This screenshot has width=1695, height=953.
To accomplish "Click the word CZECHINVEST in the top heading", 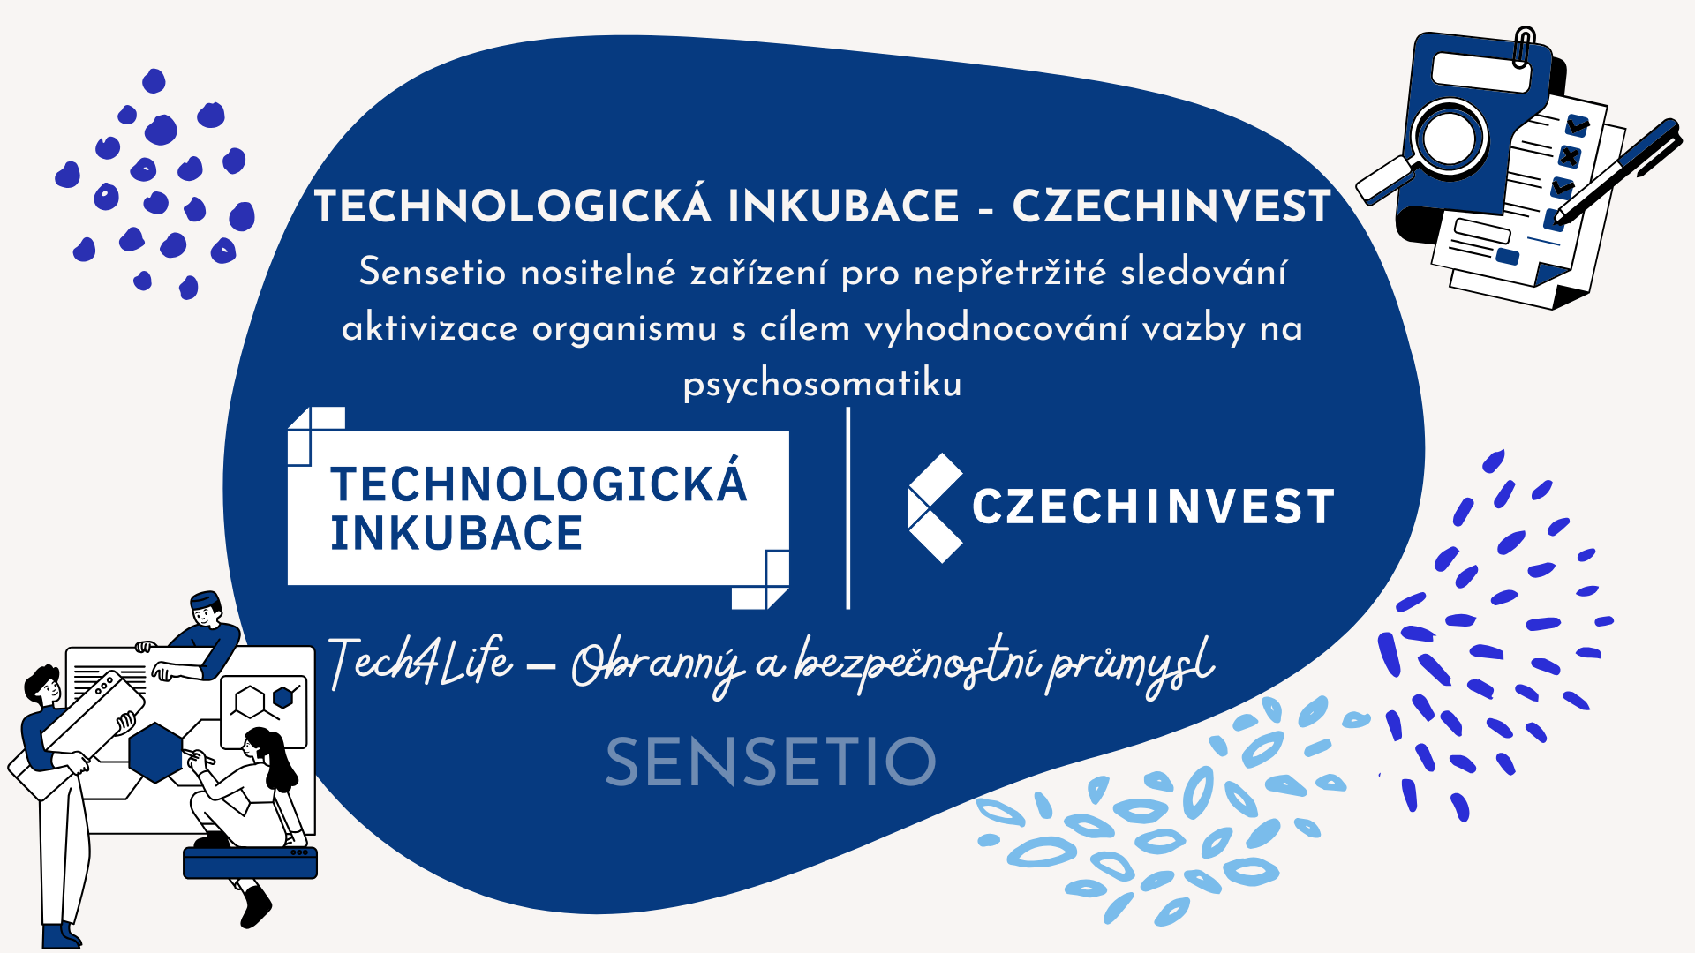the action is pos(1171,206).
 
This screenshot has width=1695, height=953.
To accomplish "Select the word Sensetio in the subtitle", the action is pos(433,272).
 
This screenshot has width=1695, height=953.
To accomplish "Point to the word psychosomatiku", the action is pos(822,384).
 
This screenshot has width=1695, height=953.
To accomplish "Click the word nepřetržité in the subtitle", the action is pos(1010,273).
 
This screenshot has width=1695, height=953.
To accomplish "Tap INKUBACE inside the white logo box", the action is pos(456,533).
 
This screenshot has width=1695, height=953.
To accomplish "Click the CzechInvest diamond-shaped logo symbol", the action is pos(935,508).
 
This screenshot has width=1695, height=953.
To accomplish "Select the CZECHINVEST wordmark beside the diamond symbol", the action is pos(1153,507).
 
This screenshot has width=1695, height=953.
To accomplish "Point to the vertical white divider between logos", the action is pos(848,508).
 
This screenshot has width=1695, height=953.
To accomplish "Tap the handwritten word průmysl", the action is pos(1131,666).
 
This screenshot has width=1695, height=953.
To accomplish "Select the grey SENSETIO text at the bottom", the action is pos(771,762).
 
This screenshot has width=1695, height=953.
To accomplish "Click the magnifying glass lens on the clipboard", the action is pos(1450,138).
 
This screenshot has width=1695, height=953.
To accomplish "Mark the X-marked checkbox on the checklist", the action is pos(1570,156).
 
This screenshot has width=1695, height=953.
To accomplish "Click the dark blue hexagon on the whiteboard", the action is pos(155,752).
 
